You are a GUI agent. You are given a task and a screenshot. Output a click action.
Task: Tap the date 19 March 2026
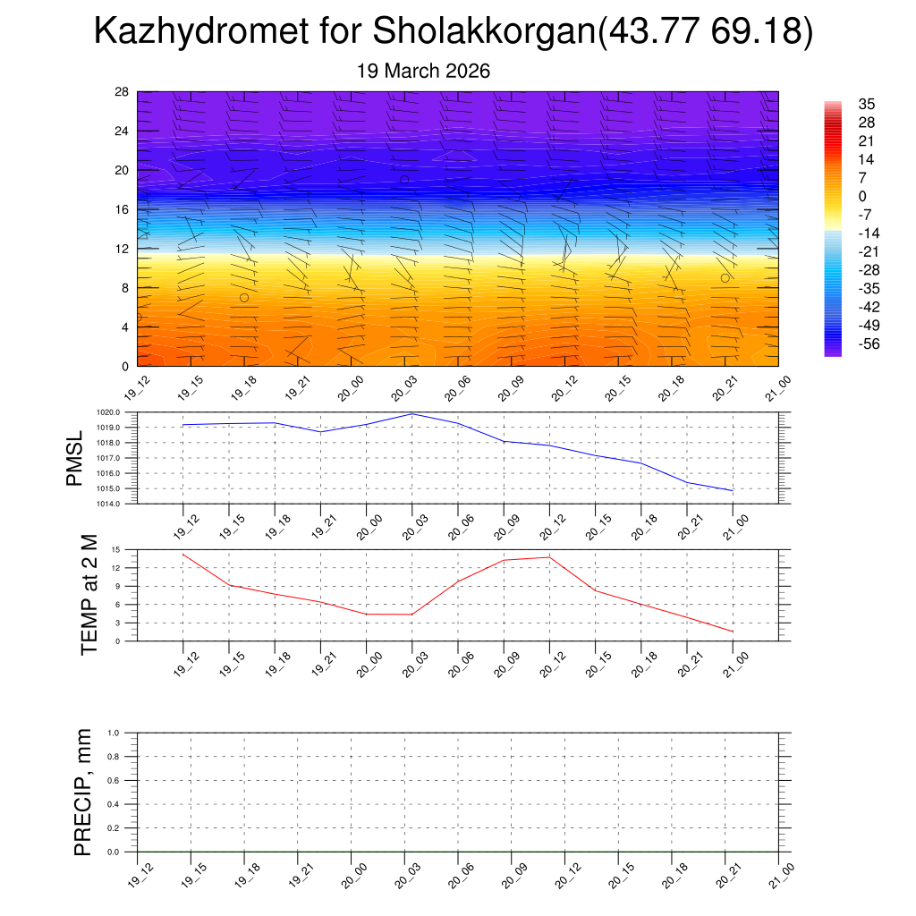(423, 72)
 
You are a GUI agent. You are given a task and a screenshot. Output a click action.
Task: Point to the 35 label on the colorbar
(866, 104)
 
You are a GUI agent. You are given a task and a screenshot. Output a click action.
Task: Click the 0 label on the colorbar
(861, 197)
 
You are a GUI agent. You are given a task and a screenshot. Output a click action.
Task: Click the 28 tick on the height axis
(121, 92)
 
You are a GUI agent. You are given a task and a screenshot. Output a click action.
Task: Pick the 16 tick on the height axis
(121, 209)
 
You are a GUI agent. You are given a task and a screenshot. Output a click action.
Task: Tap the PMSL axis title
(74, 458)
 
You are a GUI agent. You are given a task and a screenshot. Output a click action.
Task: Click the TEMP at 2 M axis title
(89, 595)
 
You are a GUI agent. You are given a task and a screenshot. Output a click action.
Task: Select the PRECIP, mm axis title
(82, 793)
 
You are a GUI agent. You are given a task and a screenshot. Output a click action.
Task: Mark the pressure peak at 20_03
(412, 414)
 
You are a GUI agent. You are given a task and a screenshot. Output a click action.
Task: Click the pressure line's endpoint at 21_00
(733, 491)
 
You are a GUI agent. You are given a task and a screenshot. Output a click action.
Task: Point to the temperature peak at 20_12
(549, 557)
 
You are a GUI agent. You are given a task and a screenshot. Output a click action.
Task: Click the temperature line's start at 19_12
(183, 555)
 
